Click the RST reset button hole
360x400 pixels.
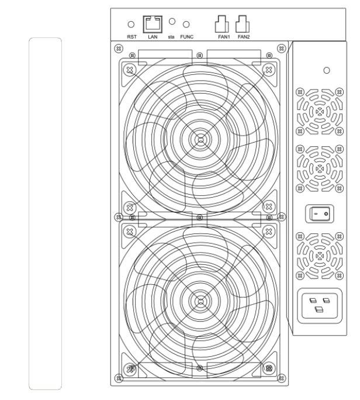[131, 24]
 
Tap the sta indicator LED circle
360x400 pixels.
[172, 21]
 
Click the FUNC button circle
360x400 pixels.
[186, 24]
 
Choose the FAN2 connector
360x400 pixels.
[243, 25]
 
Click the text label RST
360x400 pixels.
[131, 36]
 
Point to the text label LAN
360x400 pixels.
[153, 36]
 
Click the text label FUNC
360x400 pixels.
[188, 36]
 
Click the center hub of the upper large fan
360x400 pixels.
[200, 139]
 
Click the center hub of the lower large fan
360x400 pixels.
[200, 301]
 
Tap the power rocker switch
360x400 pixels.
[319, 215]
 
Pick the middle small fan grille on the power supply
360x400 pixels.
[319, 168]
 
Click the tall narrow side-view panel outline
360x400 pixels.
[45, 213]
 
